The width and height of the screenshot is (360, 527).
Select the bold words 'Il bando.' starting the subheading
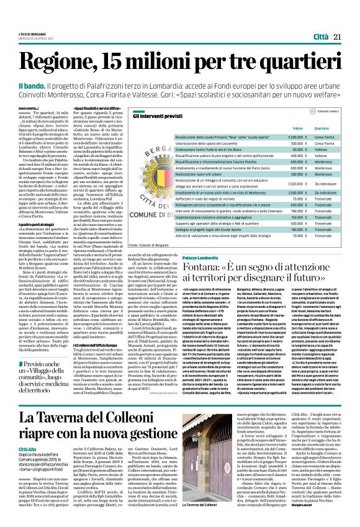tap(48, 84)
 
